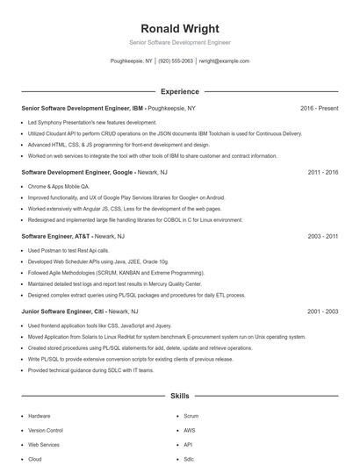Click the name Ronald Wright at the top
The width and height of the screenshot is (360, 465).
pos(179,28)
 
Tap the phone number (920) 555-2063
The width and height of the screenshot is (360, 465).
pos(176,61)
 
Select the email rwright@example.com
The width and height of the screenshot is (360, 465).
pos(224,61)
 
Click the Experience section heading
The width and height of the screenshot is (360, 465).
pos(179,91)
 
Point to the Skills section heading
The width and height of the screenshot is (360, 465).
pos(179,397)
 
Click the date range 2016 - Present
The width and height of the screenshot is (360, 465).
pos(319,108)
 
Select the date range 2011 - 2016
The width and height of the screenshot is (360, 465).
pos(322,172)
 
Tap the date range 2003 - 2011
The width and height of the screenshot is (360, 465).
pos(322,236)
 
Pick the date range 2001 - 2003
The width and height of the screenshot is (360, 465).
pos(322,311)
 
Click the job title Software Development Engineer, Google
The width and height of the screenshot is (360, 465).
pos(77,172)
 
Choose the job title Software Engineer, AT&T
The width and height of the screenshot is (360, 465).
pos(56,236)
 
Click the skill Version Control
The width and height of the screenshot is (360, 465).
pos(46,430)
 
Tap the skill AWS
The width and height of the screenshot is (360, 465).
pos(190,430)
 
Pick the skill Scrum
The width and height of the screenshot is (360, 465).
pos(191,415)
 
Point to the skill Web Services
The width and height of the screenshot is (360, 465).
pos(44,445)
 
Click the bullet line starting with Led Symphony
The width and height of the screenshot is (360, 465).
pos(80,123)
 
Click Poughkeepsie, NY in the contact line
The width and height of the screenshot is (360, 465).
pos(131,61)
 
